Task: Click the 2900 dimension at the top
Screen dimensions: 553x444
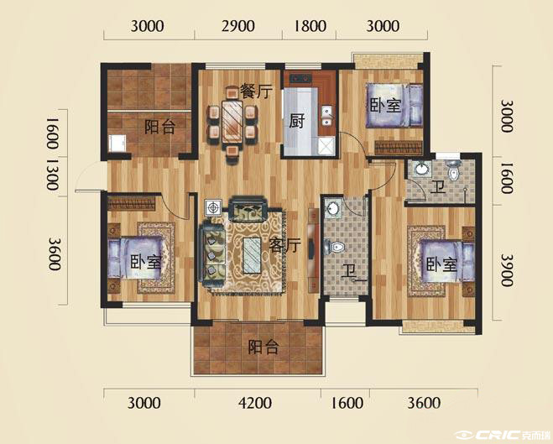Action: click(238, 26)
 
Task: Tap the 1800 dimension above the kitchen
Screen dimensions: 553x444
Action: click(310, 26)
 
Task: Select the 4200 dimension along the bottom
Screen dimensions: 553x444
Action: click(255, 403)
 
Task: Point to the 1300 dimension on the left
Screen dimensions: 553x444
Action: click(52, 175)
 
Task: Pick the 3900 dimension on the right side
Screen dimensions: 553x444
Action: click(507, 270)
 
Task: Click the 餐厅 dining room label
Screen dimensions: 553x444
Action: click(256, 91)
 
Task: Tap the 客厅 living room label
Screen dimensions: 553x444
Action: click(284, 245)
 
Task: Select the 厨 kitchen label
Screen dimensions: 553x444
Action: click(296, 122)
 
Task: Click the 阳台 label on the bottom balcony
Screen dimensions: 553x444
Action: click(263, 347)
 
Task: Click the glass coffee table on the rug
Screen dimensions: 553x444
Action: click(253, 255)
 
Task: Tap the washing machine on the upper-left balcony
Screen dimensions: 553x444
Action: click(117, 144)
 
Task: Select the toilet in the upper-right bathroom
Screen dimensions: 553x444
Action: click(453, 170)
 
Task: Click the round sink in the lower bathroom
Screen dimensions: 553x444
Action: click(331, 207)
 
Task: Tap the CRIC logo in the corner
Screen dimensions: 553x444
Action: click(502, 434)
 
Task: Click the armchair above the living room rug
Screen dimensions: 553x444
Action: click(248, 209)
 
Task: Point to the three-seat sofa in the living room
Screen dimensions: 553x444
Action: click(211, 254)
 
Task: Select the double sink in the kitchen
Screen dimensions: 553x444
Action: click(327, 117)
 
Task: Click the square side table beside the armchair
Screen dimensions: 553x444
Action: click(213, 207)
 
